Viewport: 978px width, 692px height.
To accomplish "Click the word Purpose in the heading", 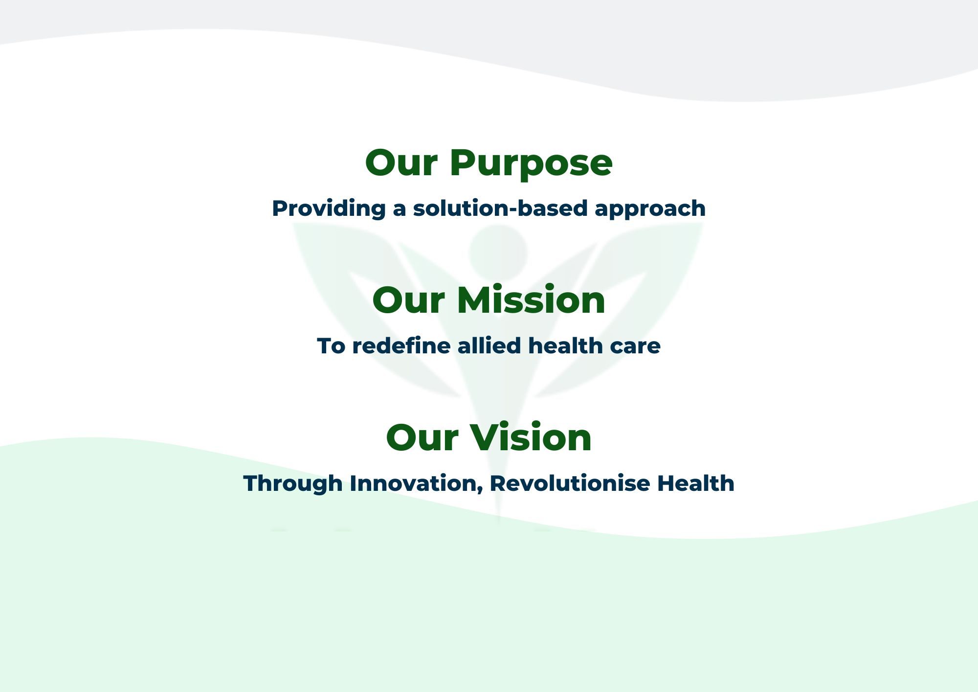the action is (x=531, y=164).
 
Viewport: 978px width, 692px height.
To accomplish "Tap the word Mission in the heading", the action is (x=531, y=300).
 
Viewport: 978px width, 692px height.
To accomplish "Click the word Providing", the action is (x=329, y=209).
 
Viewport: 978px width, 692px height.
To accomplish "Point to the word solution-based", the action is (x=500, y=208).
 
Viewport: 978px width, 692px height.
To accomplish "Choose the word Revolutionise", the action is (x=569, y=483).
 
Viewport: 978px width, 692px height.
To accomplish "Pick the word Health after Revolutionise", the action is (x=695, y=483).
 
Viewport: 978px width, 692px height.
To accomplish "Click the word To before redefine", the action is (x=331, y=346).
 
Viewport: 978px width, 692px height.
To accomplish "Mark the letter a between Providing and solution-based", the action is (x=400, y=210).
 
